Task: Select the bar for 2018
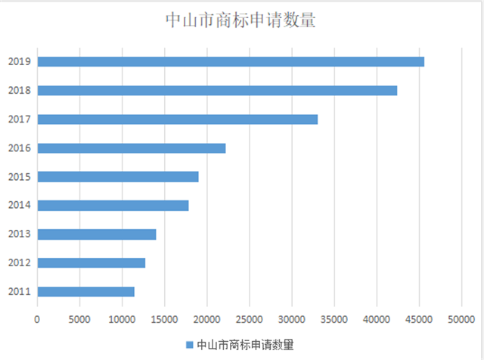[x=216, y=91]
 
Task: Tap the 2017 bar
[x=177, y=119]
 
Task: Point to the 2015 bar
[x=117, y=176]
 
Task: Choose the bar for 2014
[x=113, y=205]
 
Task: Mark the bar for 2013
[x=96, y=234]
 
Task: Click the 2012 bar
[x=91, y=262]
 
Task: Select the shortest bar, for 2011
[x=85, y=291]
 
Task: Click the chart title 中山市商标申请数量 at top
[x=240, y=20]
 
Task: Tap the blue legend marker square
[x=189, y=345]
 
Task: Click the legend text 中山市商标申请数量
[x=245, y=345]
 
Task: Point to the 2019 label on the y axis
[x=18, y=62]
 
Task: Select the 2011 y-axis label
[x=18, y=291]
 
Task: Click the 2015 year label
[x=18, y=176]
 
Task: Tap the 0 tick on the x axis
[x=37, y=320]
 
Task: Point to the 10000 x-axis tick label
[x=122, y=320]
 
